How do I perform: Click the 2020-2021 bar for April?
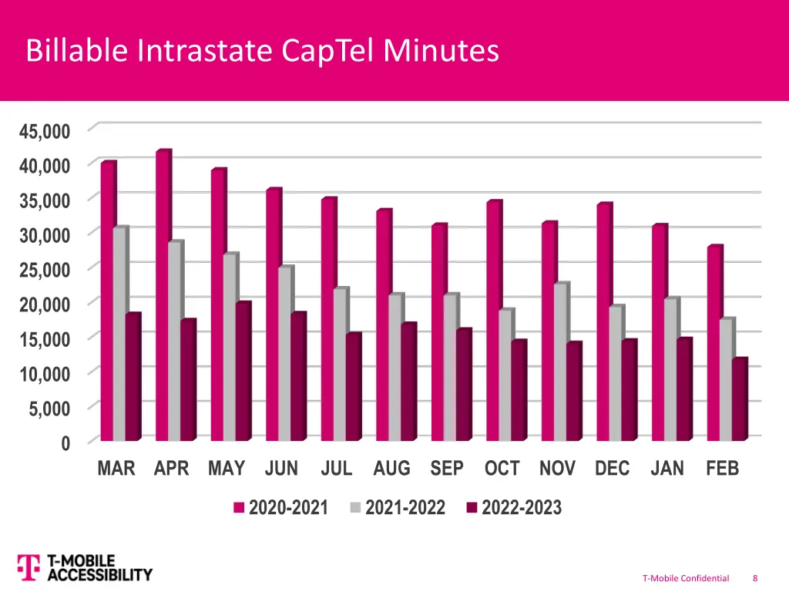click(163, 296)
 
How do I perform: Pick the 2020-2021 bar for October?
click(493, 321)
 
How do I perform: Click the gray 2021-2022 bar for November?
click(560, 362)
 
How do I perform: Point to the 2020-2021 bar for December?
click(603, 322)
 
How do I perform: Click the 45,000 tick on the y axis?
click(45, 131)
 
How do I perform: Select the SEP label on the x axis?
click(447, 469)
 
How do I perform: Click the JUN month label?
click(281, 469)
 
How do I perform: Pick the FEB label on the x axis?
click(722, 469)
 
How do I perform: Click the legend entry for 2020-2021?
click(281, 508)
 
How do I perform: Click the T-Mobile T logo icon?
click(28, 567)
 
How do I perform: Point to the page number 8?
click(755, 578)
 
